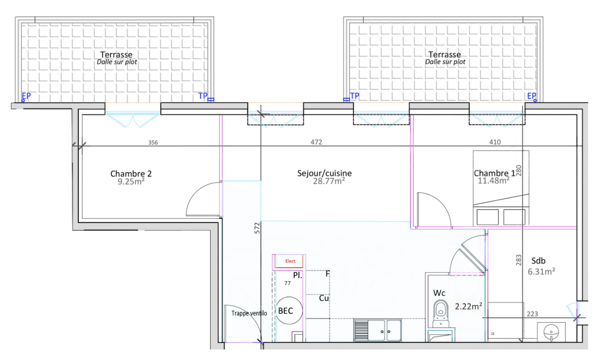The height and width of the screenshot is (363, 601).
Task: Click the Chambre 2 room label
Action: pyautogui.click(x=131, y=173)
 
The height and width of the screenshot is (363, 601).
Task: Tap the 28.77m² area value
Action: pyautogui.click(x=329, y=181)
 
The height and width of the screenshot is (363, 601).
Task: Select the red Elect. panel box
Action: pyautogui.click(x=289, y=261)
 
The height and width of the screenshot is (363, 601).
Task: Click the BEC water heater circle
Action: pyautogui.click(x=289, y=310)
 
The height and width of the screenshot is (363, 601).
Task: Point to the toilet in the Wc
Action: pyautogui.click(x=441, y=314)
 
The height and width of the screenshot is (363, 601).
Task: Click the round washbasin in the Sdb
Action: pyautogui.click(x=551, y=332)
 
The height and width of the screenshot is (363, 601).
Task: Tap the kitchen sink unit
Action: pyautogui.click(x=377, y=330)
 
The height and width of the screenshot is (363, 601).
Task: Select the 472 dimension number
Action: pyautogui.click(x=316, y=142)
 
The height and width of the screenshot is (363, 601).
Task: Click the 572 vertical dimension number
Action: pyautogui.click(x=257, y=228)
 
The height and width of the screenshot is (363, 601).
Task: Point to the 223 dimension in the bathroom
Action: pyautogui.click(x=533, y=314)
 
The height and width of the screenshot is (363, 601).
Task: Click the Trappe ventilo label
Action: pyautogui.click(x=249, y=314)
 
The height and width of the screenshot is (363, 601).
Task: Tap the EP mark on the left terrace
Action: pyautogui.click(x=26, y=96)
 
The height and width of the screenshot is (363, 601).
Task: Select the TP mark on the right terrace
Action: pyautogui.click(x=355, y=96)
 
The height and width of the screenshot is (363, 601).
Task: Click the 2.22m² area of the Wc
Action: pyautogui.click(x=469, y=306)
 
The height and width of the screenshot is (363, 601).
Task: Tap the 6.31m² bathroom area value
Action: pyautogui.click(x=542, y=271)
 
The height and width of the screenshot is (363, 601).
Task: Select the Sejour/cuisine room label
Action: pyautogui.click(x=324, y=173)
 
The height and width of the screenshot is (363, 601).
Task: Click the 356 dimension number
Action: pyautogui.click(x=153, y=142)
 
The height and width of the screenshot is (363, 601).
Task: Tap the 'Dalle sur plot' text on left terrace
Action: pyautogui.click(x=117, y=62)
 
